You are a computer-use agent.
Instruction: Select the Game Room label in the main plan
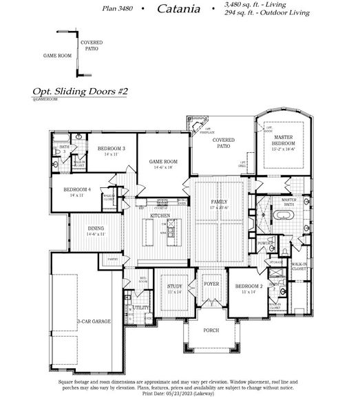[x=164, y=162]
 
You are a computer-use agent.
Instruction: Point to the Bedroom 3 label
[x=111, y=149]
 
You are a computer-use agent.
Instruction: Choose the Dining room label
[x=96, y=231]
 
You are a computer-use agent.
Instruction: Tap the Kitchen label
[x=160, y=215]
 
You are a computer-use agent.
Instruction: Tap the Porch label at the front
[x=211, y=330]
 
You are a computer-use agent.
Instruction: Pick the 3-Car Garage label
[x=94, y=321]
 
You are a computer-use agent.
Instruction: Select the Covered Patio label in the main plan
[x=223, y=142]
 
